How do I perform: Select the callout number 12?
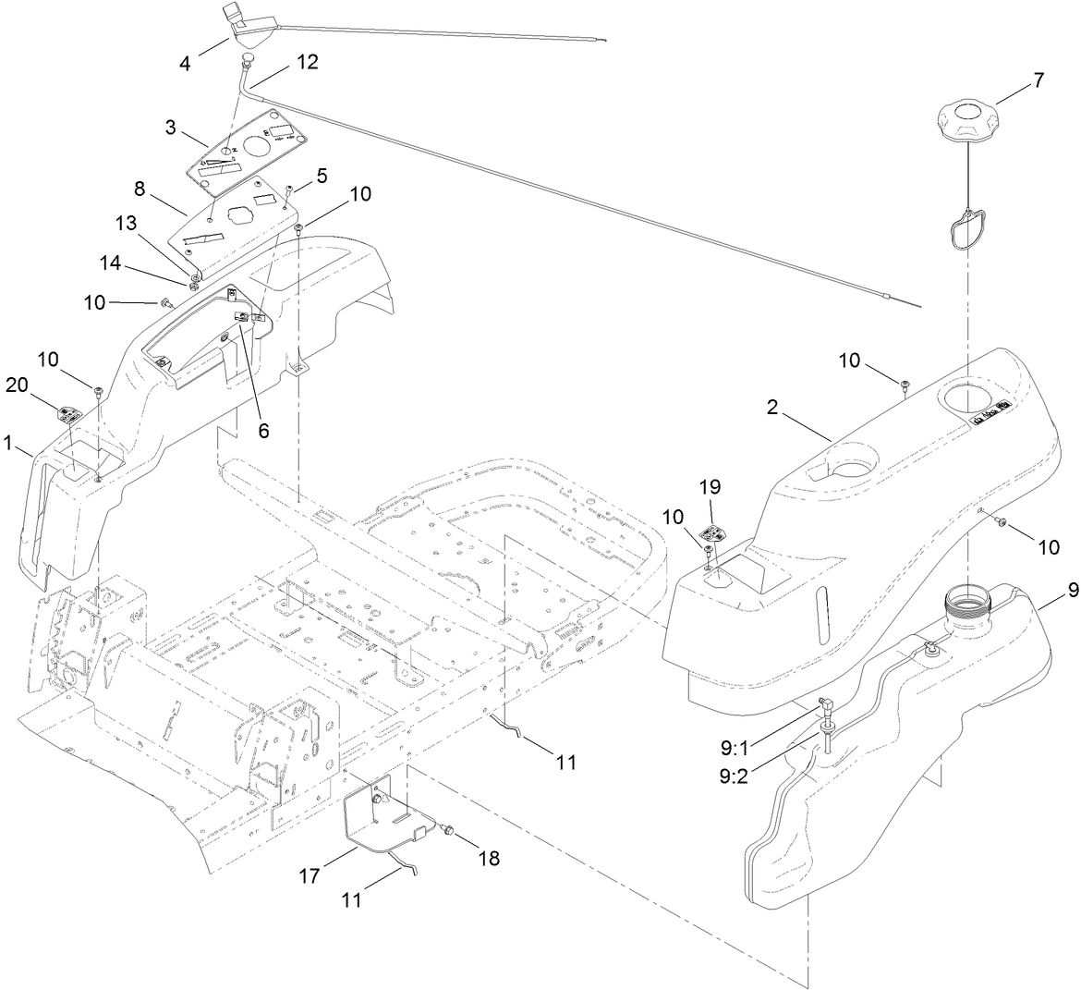click(x=307, y=62)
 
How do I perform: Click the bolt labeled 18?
click(x=446, y=831)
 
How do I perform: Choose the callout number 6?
click(x=263, y=431)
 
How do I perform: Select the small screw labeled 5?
click(x=288, y=190)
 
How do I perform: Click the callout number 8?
click(x=140, y=189)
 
